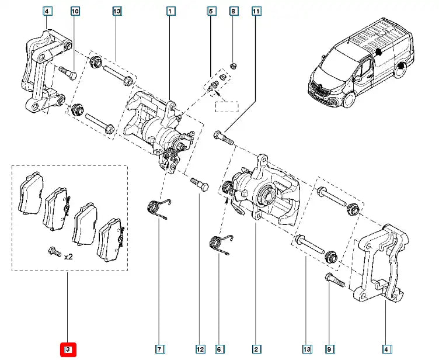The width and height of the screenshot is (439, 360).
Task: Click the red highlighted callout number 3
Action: pos(68,349)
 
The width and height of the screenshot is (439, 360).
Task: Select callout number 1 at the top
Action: pos(169,11)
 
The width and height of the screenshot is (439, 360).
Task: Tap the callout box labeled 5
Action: pos(211,11)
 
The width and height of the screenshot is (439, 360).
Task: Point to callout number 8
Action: pos(233,11)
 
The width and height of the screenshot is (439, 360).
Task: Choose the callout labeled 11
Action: pos(256,11)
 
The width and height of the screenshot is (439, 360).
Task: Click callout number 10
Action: pos(74,11)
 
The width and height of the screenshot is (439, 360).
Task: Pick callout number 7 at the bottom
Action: pos(159,349)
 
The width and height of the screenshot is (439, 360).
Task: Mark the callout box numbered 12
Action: pos(200,349)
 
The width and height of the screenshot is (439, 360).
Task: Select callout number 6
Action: pos(219,349)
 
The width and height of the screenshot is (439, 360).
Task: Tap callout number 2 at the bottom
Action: pos(256,349)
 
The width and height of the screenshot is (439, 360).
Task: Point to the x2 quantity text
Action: pos(69,256)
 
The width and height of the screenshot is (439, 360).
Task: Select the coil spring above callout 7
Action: pos(157,207)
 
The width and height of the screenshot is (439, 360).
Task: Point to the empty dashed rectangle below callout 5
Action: pos(226,106)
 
